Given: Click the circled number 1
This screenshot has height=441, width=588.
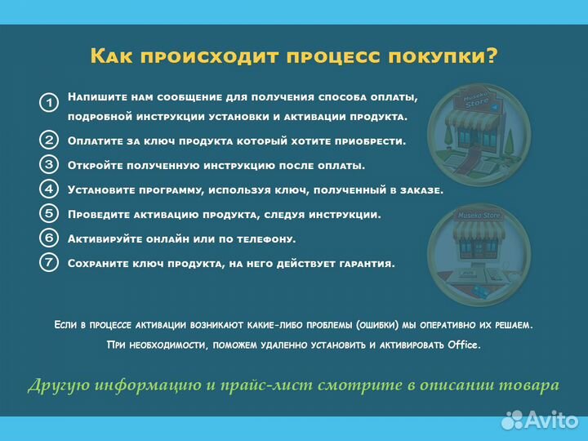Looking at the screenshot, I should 49,103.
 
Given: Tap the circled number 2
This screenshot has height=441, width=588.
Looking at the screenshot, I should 49,140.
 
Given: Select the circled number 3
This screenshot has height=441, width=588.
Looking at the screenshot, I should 49,164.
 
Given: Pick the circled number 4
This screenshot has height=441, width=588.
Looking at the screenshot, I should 49,189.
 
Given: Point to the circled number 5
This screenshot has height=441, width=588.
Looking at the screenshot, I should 49,214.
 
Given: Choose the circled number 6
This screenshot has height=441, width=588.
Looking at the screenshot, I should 49,238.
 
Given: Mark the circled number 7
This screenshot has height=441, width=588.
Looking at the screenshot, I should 49,263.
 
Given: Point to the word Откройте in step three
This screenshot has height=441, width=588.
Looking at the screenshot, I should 96,166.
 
